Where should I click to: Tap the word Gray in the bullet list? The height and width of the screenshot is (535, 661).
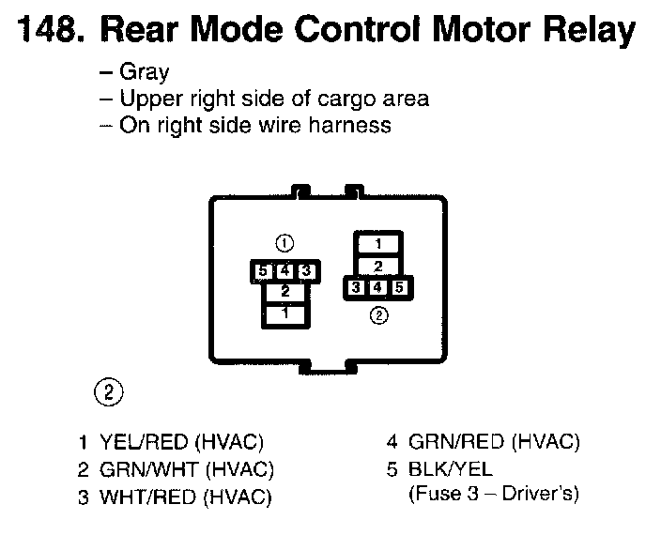(144, 73)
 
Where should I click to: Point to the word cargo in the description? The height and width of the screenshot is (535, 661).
(337, 98)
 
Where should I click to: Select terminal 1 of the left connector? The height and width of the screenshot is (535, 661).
(284, 313)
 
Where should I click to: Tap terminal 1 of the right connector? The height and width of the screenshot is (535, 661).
(379, 243)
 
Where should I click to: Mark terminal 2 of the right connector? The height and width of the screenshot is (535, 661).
(379, 266)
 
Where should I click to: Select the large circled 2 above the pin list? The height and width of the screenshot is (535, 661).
(110, 391)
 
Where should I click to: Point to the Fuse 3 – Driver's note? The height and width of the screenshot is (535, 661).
(494, 494)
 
